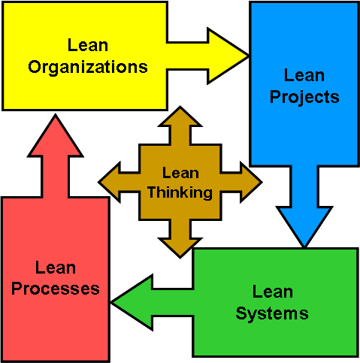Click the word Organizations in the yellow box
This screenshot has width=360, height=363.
(88, 67)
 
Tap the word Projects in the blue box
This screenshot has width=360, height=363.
(304, 98)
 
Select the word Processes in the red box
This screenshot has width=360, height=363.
(56, 289)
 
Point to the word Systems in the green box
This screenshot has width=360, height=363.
(272, 314)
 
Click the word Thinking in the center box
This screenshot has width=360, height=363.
(180, 192)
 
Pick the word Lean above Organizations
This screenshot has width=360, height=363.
(88, 45)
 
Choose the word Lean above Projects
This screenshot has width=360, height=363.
(304, 75)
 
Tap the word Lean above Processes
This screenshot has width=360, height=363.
(56, 268)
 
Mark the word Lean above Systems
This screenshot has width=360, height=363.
(273, 292)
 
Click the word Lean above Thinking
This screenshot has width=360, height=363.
(180, 173)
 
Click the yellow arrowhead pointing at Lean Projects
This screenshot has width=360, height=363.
(225, 56)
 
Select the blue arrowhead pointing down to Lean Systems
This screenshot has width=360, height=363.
(304, 224)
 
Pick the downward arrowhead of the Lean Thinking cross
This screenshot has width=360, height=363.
(180, 247)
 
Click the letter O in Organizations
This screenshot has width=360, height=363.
(35, 67)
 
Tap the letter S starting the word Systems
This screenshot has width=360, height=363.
(241, 313)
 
